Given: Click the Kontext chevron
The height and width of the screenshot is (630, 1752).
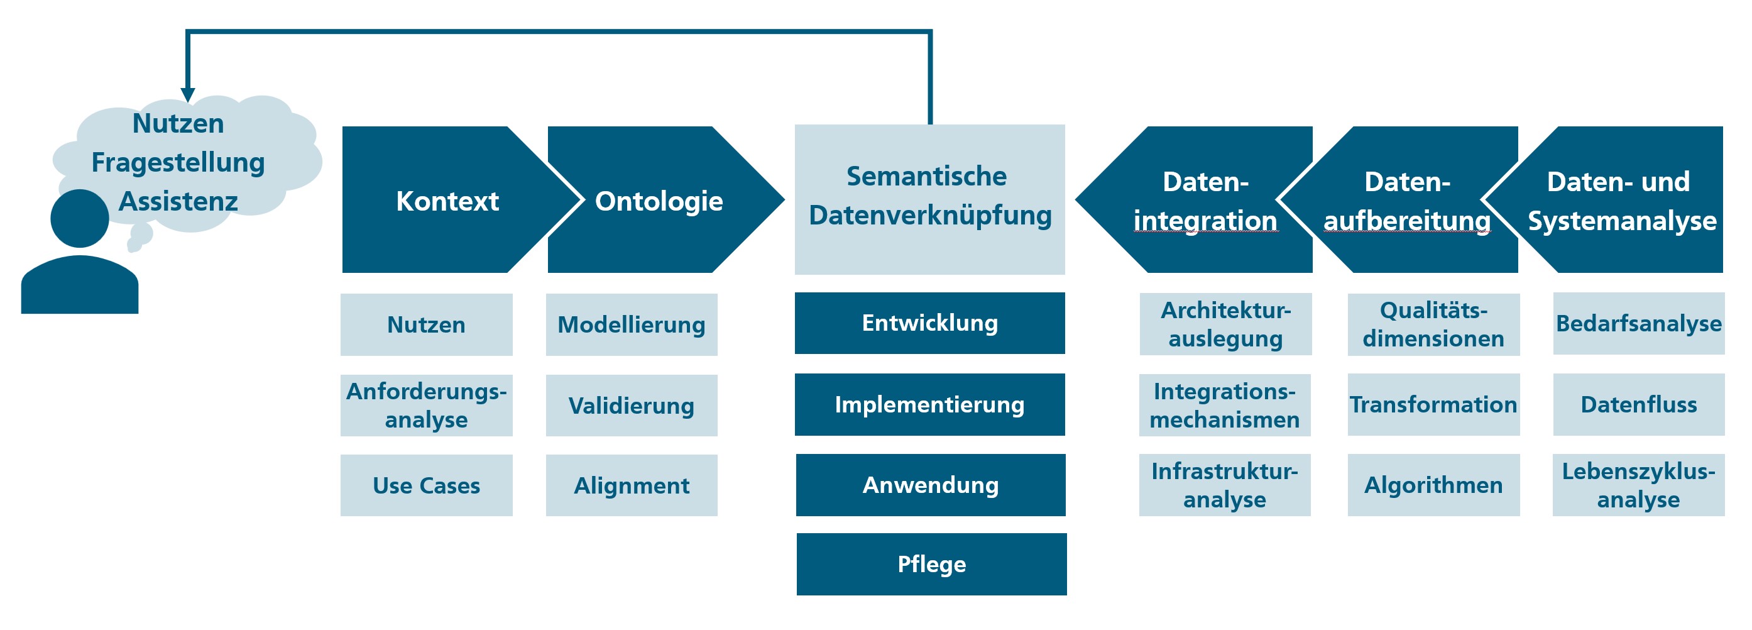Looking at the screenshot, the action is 447,200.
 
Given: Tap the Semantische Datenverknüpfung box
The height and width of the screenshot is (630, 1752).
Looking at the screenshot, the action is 930,199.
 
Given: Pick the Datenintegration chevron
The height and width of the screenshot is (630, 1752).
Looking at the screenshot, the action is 1204,200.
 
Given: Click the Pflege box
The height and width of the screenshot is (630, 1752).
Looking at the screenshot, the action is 932,564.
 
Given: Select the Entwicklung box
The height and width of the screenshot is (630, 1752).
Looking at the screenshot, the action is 930,323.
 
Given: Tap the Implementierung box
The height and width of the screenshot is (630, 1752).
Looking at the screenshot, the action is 930,404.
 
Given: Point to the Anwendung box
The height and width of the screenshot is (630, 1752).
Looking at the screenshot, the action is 931,485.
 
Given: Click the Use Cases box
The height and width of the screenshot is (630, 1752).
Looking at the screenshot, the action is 427,485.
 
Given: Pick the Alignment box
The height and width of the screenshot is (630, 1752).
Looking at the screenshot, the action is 632,485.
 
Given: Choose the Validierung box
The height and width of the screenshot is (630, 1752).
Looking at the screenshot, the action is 632,406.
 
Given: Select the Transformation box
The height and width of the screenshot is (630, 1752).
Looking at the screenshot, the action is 1433,404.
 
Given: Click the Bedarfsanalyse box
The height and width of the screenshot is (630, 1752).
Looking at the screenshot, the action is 1639,323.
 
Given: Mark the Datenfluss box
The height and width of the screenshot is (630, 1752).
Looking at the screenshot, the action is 1639,404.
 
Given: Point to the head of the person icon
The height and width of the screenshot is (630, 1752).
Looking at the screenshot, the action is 80,218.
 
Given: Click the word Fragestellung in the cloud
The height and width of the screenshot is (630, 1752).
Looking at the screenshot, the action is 178,163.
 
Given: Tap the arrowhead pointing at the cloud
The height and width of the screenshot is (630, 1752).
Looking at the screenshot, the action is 188,95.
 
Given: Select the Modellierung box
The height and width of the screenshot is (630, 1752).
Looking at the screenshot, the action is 632,324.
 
